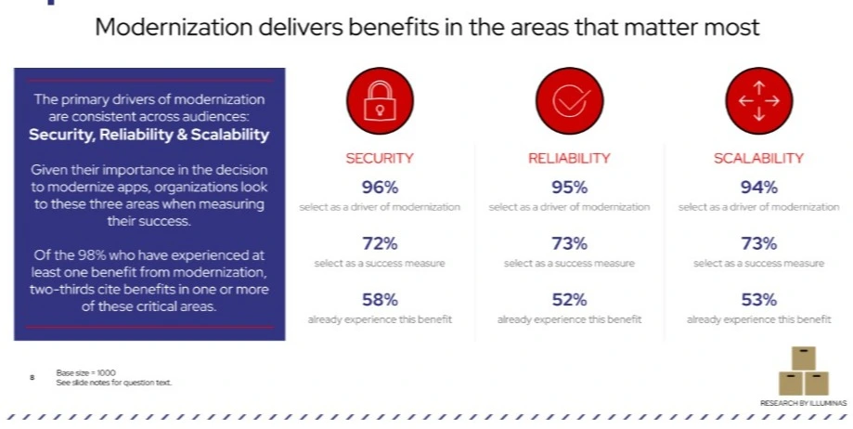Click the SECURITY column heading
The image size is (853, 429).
tap(379, 159)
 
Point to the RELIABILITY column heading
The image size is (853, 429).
tap(569, 159)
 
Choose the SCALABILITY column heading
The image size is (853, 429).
tap(758, 159)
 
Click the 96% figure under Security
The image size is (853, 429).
tap(379, 188)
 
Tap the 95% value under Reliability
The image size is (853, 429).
tap(569, 188)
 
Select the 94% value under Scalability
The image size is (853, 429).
tap(758, 188)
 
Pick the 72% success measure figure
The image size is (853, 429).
tap(379, 244)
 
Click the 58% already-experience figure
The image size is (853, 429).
tap(379, 300)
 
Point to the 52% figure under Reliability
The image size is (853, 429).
tap(569, 300)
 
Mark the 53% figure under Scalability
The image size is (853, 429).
tap(758, 300)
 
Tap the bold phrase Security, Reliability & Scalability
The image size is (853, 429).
tap(149, 135)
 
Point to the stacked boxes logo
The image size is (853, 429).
tap(803, 370)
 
